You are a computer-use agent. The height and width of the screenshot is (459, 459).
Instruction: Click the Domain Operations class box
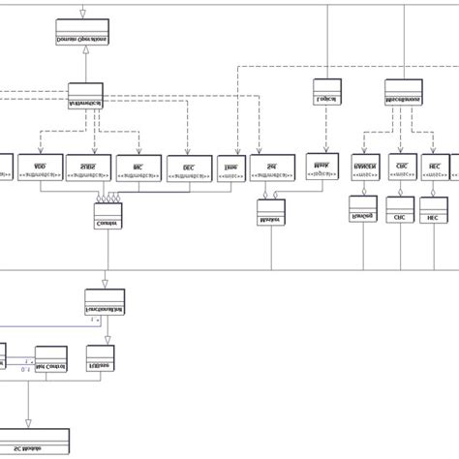[82, 33]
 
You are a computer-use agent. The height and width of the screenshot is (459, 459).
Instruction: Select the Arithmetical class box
[85, 96]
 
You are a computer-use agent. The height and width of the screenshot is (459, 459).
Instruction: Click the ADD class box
[40, 167]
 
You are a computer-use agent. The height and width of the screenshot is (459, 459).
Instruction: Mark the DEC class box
[189, 168]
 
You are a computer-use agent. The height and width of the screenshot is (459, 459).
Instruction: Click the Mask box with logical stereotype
[321, 166]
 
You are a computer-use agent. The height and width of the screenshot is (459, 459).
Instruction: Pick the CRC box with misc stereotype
[401, 167]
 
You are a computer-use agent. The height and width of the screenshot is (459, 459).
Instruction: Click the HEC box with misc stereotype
[435, 167]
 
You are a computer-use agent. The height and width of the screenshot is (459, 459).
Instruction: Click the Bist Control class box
[52, 359]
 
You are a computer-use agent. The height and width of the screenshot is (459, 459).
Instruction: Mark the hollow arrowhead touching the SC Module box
[28, 422]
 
